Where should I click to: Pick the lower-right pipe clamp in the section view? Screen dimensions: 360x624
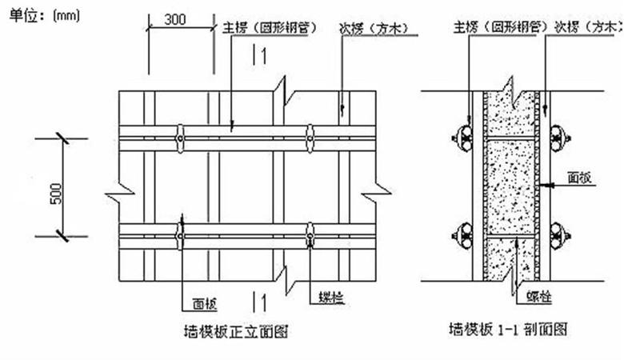tap(560, 237)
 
